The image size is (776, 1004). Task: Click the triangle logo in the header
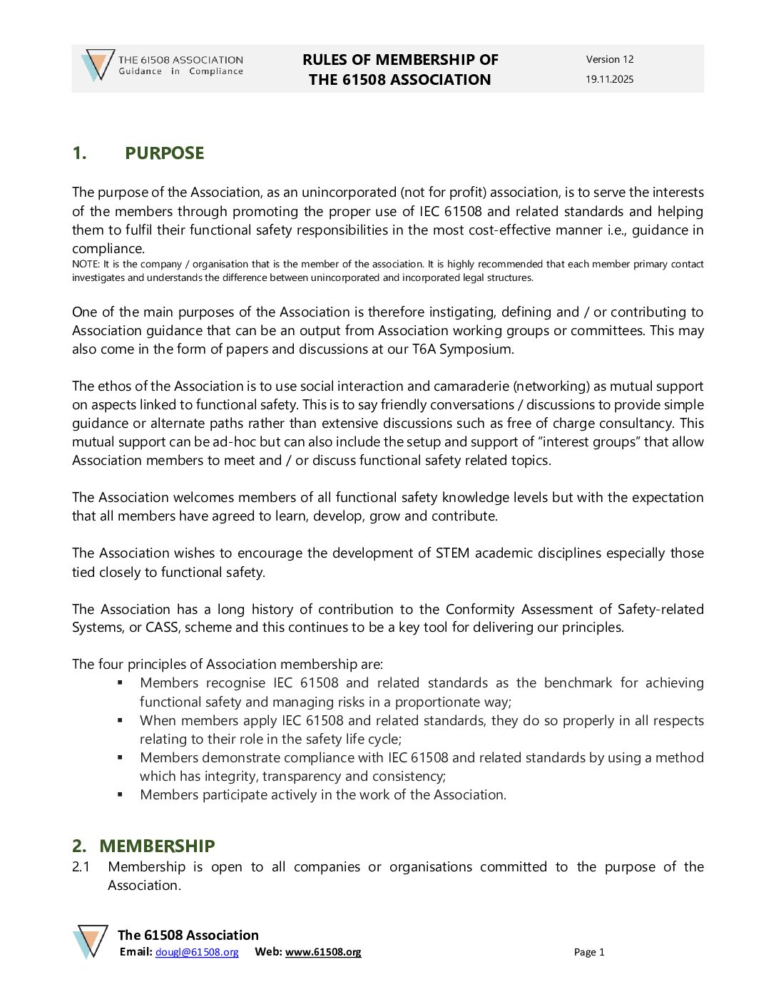point(98,66)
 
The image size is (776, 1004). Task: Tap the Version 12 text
point(609,59)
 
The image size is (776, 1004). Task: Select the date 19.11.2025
point(609,79)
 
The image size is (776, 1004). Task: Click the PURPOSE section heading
point(164,153)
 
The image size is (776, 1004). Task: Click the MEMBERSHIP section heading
point(157,846)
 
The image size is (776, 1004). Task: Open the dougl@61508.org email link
point(197,952)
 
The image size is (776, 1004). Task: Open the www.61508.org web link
point(323,952)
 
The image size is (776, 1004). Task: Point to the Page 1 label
point(589,952)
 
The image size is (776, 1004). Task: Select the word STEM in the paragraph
point(452,553)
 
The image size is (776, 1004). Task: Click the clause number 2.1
point(81,867)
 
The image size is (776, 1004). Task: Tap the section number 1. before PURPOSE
point(79,153)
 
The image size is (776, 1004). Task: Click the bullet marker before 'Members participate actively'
point(121,794)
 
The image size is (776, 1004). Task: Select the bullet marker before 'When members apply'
point(121,720)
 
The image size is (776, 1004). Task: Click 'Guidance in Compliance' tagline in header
point(180,71)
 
